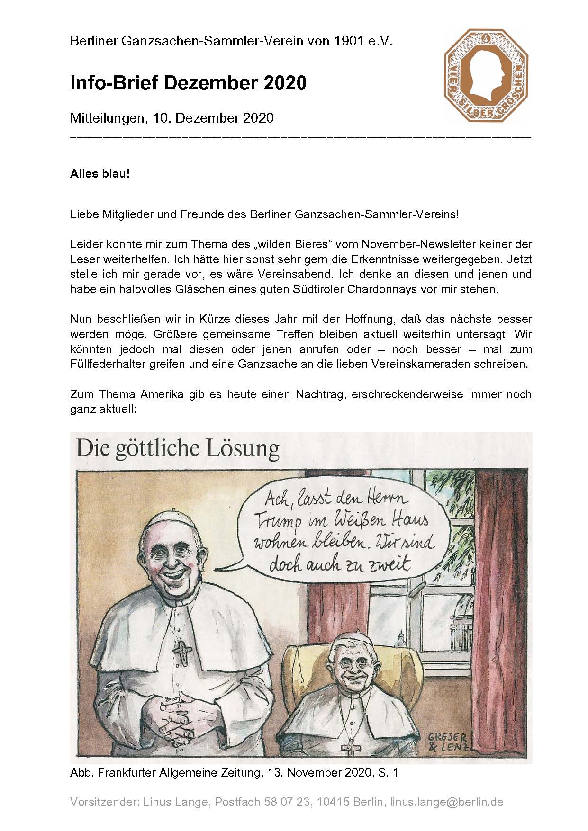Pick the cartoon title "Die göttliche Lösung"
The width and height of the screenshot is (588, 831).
pos(178,448)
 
